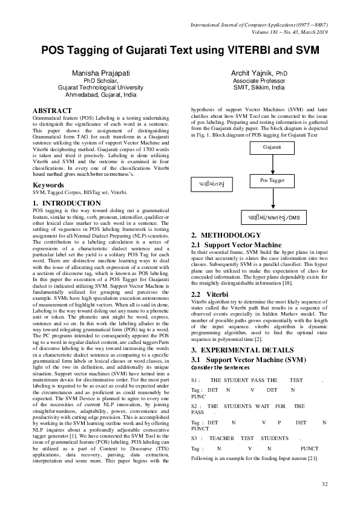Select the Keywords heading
coord(49,184)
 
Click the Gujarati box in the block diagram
coord(272,147)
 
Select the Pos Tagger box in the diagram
coord(272,180)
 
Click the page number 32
coord(324,485)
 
